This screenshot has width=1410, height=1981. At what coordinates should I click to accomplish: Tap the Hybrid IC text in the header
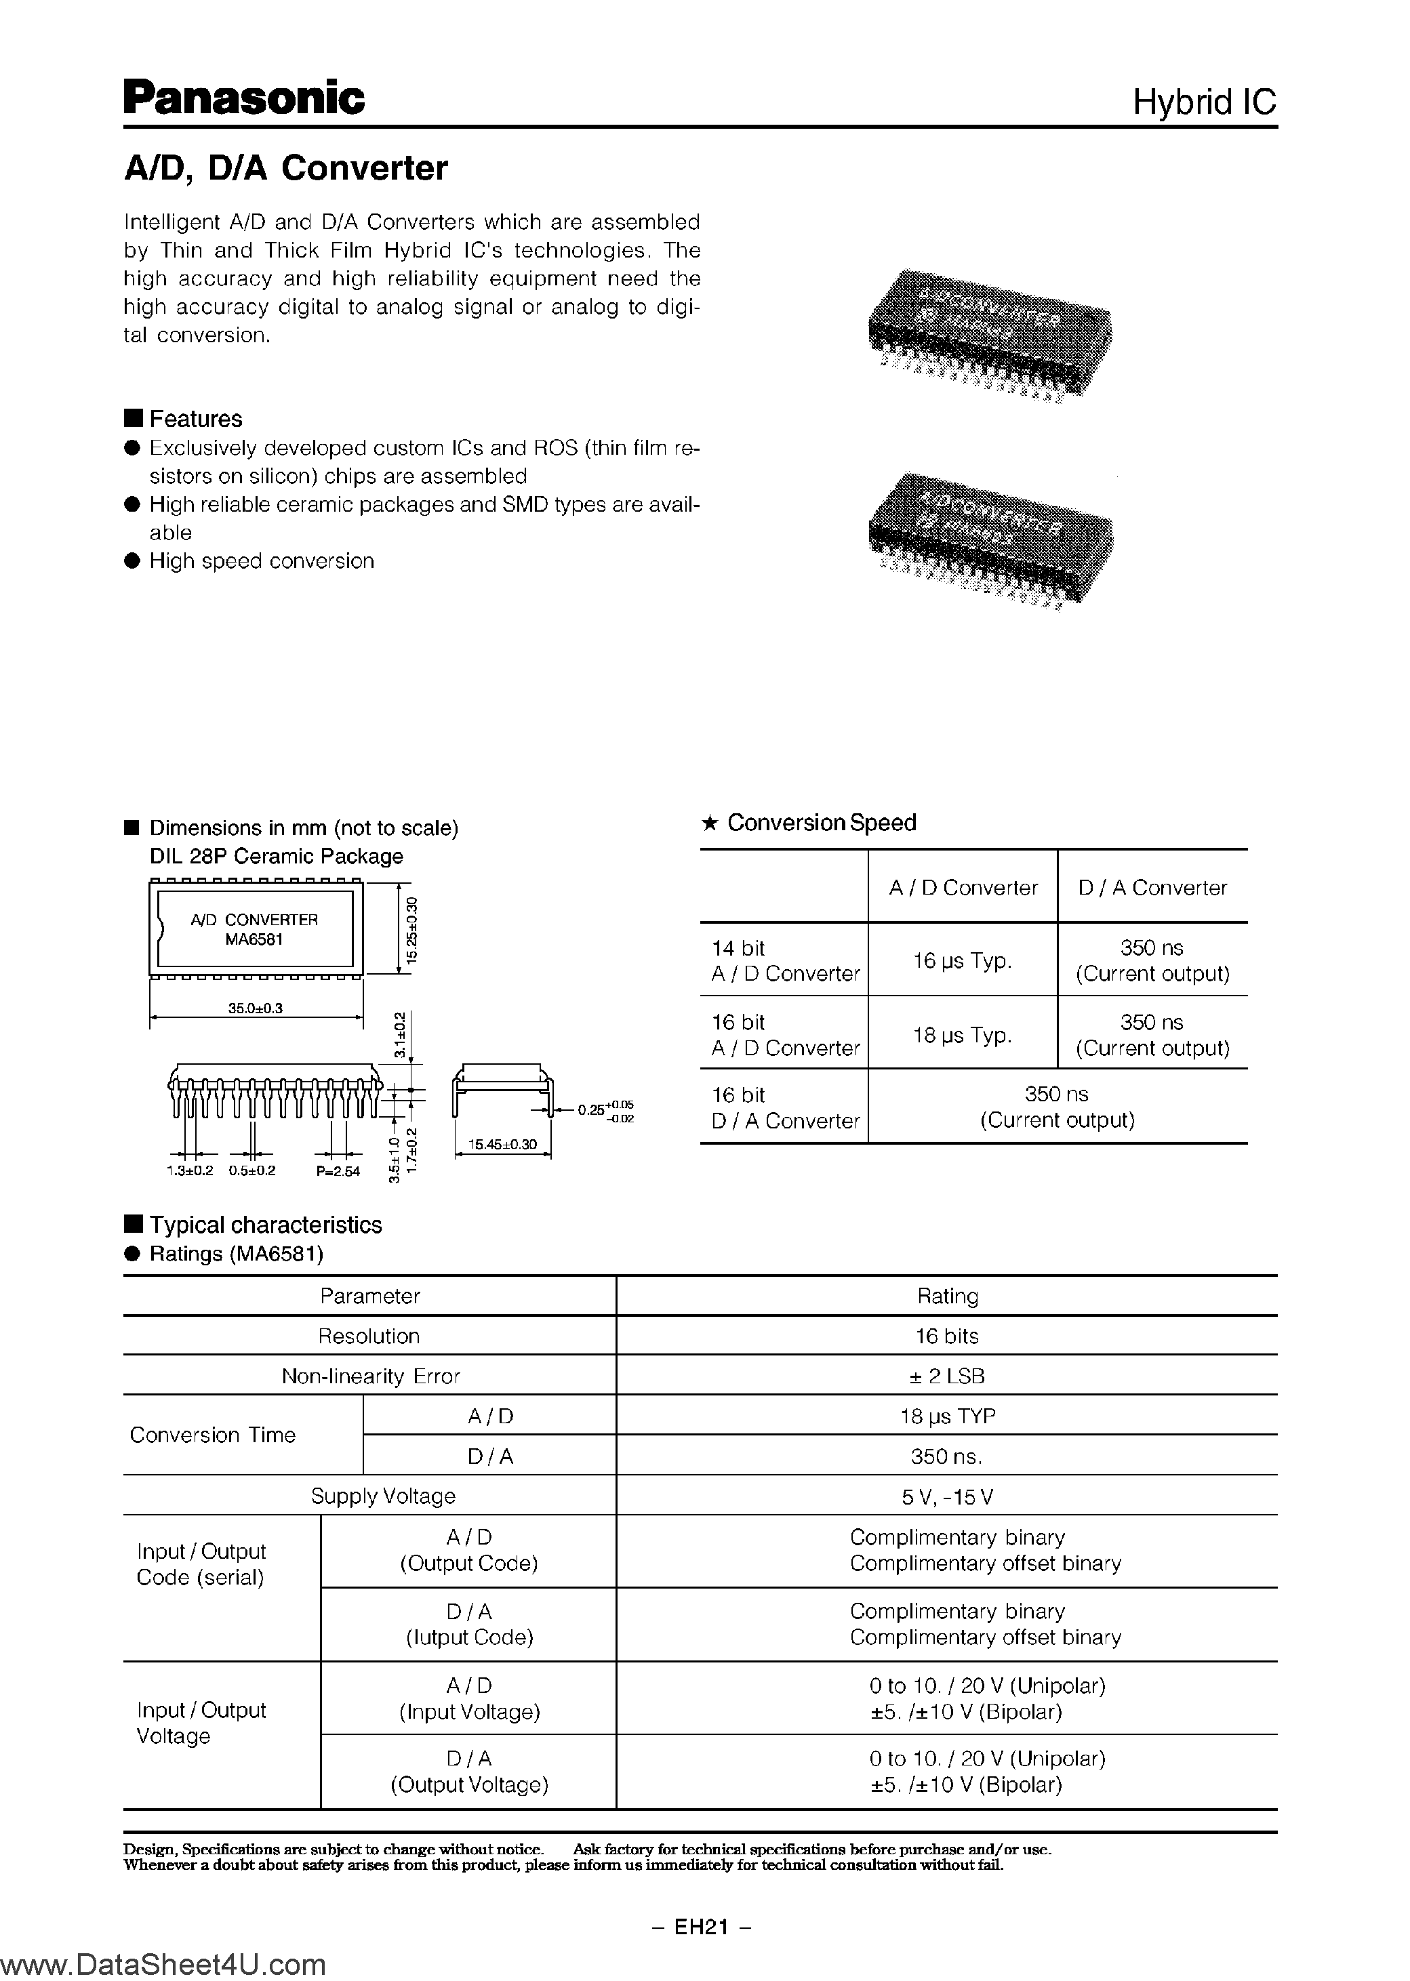tap(1203, 102)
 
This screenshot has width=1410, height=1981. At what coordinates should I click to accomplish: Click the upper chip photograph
tap(990, 334)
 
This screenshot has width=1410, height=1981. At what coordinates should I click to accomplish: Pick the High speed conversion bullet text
tap(262, 560)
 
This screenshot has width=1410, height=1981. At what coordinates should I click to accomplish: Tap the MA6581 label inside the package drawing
tap(254, 939)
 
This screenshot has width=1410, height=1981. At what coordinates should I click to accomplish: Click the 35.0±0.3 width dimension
tap(256, 1008)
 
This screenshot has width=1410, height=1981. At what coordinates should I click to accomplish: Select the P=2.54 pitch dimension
tap(338, 1171)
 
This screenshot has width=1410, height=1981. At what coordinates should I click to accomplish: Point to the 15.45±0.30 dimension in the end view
tap(503, 1144)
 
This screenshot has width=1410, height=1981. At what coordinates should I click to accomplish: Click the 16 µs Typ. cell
tap(962, 960)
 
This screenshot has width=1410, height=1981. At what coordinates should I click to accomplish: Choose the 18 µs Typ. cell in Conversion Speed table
tap(962, 1035)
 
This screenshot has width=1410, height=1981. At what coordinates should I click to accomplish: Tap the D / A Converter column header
tap(1152, 887)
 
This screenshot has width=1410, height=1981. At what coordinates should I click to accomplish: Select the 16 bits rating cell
tap(946, 1336)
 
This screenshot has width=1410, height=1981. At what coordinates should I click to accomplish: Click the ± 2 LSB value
tap(946, 1376)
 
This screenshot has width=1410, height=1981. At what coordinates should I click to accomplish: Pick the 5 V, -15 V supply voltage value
tap(946, 1496)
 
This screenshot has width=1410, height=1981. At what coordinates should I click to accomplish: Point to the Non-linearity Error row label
tap(371, 1376)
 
